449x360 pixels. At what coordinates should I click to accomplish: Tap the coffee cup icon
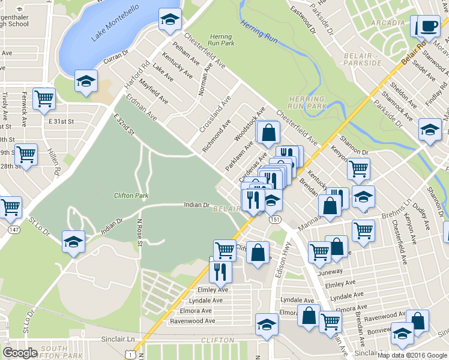428,27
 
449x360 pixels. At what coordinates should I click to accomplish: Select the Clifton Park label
131,196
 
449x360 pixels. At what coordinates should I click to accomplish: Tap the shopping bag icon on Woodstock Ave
269,132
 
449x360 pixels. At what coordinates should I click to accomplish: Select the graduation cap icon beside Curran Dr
86,80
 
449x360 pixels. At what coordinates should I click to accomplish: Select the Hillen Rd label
56,163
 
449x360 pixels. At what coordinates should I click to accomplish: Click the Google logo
20,352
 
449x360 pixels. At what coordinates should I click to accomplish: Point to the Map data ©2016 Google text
412,355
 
